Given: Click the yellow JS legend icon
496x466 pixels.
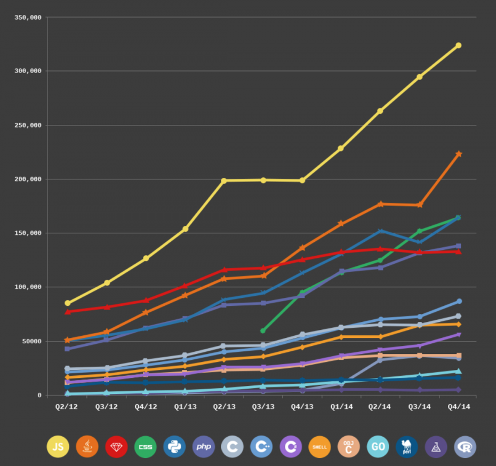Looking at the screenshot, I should pos(58,447).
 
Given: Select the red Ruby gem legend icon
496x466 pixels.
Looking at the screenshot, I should pos(116,447).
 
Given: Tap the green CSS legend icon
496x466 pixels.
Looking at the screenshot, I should pos(145,447).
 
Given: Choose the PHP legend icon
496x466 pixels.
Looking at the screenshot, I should pos(203,447).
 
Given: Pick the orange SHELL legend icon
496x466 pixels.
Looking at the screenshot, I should pos(319,447).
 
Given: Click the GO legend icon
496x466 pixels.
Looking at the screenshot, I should pos(378,447).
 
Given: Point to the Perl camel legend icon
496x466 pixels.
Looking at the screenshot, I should pos(406,447).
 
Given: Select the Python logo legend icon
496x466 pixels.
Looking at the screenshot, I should pos(174,447).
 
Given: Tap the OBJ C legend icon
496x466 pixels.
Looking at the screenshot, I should pos(348,447).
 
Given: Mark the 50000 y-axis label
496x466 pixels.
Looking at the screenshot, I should pos(31,341).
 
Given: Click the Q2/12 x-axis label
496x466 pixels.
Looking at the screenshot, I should pos(67,407).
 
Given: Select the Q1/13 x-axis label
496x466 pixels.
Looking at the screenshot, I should pos(185,407).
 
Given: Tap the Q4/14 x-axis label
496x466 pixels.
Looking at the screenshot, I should pos(458,407).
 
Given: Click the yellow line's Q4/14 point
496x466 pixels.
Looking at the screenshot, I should pos(458,45).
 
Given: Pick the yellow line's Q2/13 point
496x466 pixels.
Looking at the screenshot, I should pos(224,180).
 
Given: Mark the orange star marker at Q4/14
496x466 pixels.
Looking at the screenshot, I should pos(458,154).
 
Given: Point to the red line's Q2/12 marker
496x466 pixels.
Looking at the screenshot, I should pos(68,311).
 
